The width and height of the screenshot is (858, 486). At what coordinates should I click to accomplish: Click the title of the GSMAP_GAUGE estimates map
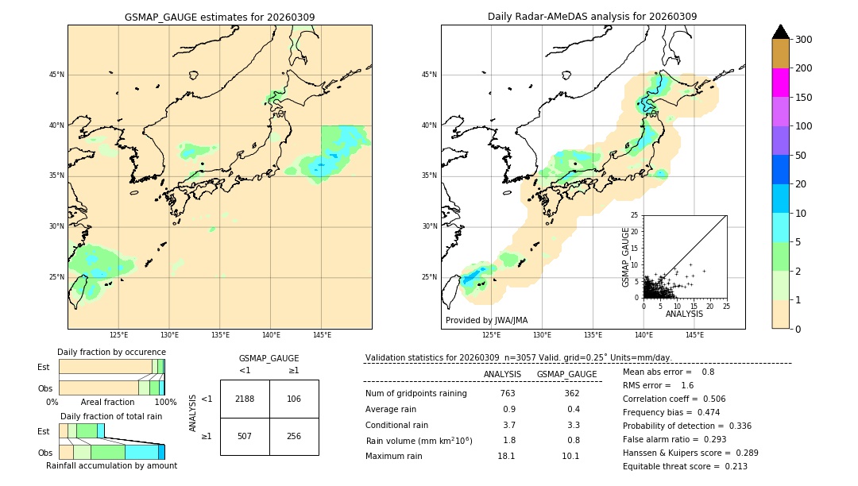tap(219, 17)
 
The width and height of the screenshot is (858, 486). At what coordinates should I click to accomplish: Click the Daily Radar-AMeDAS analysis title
tap(592, 17)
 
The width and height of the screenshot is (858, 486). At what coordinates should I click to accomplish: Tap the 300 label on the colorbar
tap(803, 40)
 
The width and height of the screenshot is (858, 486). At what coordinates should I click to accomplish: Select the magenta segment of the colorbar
tap(781, 83)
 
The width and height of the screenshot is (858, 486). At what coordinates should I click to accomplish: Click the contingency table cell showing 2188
tap(245, 399)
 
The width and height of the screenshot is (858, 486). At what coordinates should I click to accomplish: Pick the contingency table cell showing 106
tap(294, 399)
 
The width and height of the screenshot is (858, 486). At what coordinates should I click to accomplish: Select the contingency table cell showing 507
tap(245, 436)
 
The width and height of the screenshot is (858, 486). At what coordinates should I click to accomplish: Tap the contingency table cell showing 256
tap(294, 436)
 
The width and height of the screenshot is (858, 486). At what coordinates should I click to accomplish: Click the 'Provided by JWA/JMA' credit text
tap(486, 321)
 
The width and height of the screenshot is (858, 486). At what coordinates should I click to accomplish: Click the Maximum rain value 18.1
tap(506, 456)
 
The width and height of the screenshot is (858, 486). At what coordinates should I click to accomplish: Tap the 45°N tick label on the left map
tap(56, 75)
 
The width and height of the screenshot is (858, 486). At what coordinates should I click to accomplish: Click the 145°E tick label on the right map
tap(694, 335)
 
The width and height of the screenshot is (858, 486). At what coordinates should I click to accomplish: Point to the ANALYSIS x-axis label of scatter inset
tap(684, 314)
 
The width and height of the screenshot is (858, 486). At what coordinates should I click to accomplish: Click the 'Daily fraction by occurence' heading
tap(111, 352)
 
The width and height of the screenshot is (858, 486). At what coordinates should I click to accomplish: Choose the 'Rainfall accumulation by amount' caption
tap(111, 465)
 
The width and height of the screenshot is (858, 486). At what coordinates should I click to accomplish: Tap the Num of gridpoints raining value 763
tap(508, 393)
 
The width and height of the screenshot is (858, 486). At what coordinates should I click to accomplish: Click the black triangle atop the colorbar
tap(781, 32)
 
